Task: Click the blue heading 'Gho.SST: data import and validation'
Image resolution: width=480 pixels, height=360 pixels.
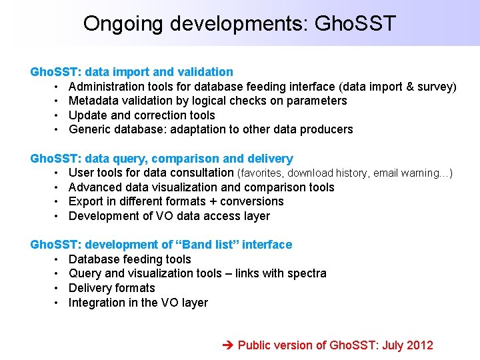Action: [x=132, y=71]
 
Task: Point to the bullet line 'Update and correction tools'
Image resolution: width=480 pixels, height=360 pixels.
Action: [x=141, y=115]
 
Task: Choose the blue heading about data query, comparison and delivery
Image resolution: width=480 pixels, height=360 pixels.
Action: [x=161, y=159]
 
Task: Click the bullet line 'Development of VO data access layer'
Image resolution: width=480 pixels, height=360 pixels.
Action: [x=169, y=216]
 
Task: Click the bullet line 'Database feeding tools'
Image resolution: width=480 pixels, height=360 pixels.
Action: [x=129, y=259]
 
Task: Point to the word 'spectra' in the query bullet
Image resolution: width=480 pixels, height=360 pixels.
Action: [x=306, y=273]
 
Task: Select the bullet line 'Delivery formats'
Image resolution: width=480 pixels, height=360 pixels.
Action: [x=111, y=288]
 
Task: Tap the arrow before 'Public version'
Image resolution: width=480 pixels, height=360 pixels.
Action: [x=226, y=345]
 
